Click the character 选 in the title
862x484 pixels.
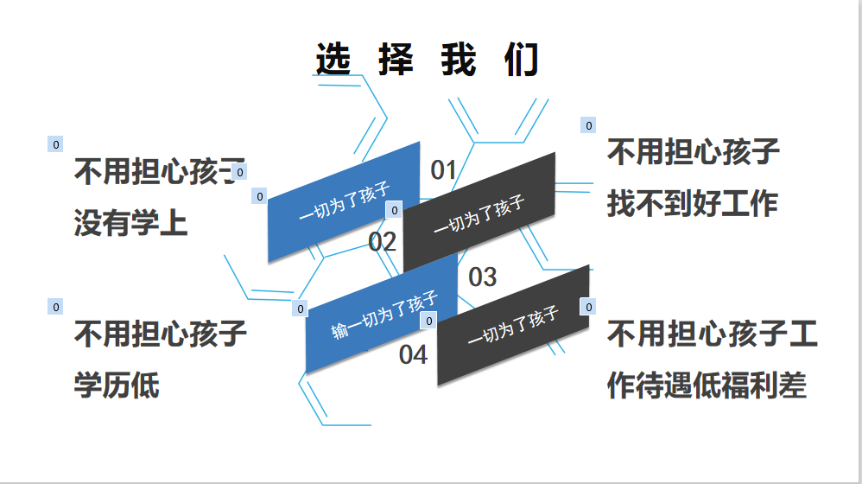click(333, 60)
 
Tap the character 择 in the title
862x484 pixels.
click(396, 60)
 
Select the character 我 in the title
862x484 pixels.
click(459, 60)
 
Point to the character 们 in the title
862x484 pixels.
click(523, 60)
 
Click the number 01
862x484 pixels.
click(443, 170)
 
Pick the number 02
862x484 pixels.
click(383, 242)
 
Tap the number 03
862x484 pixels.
click(483, 277)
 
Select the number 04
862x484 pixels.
click(413, 354)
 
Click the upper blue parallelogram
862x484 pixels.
click(344, 202)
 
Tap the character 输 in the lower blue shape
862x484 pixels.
click(339, 330)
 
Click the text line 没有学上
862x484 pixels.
click(130, 223)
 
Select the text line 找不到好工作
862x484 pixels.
click(693, 204)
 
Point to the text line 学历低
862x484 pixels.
click(117, 385)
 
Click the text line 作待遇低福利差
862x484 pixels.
click(707, 385)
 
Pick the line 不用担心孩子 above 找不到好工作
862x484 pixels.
click(694, 153)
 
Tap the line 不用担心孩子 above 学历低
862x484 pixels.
click(161, 334)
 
